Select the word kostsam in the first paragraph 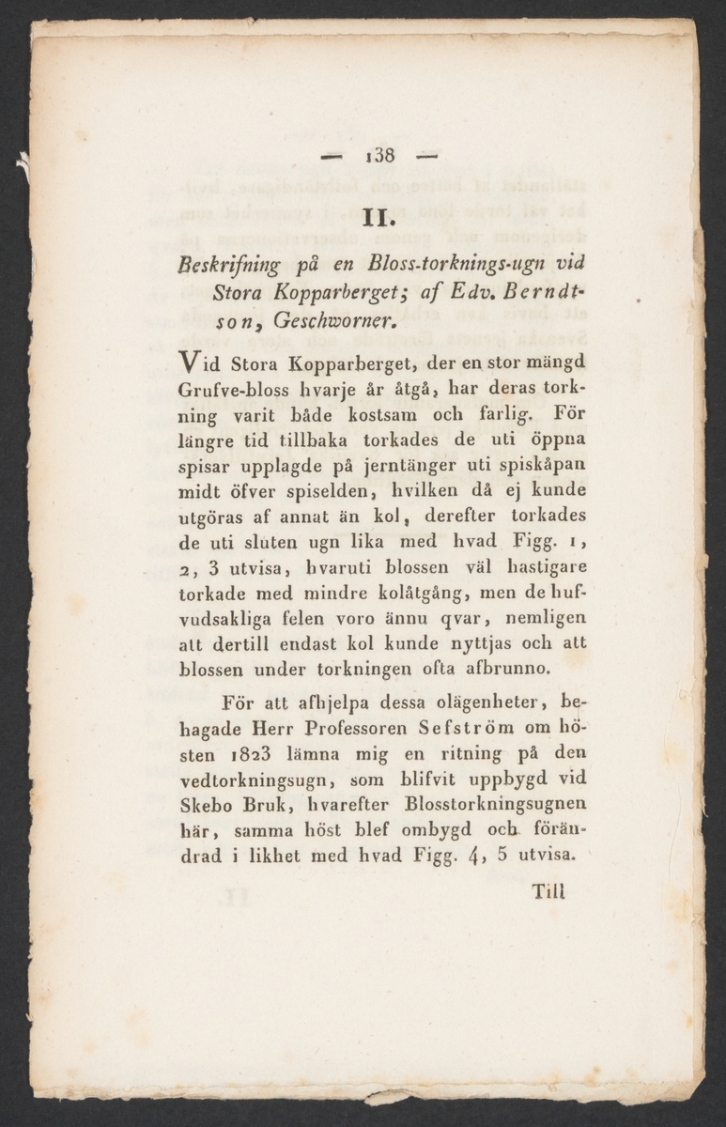(x=350, y=413)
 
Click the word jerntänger (x=388, y=464)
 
